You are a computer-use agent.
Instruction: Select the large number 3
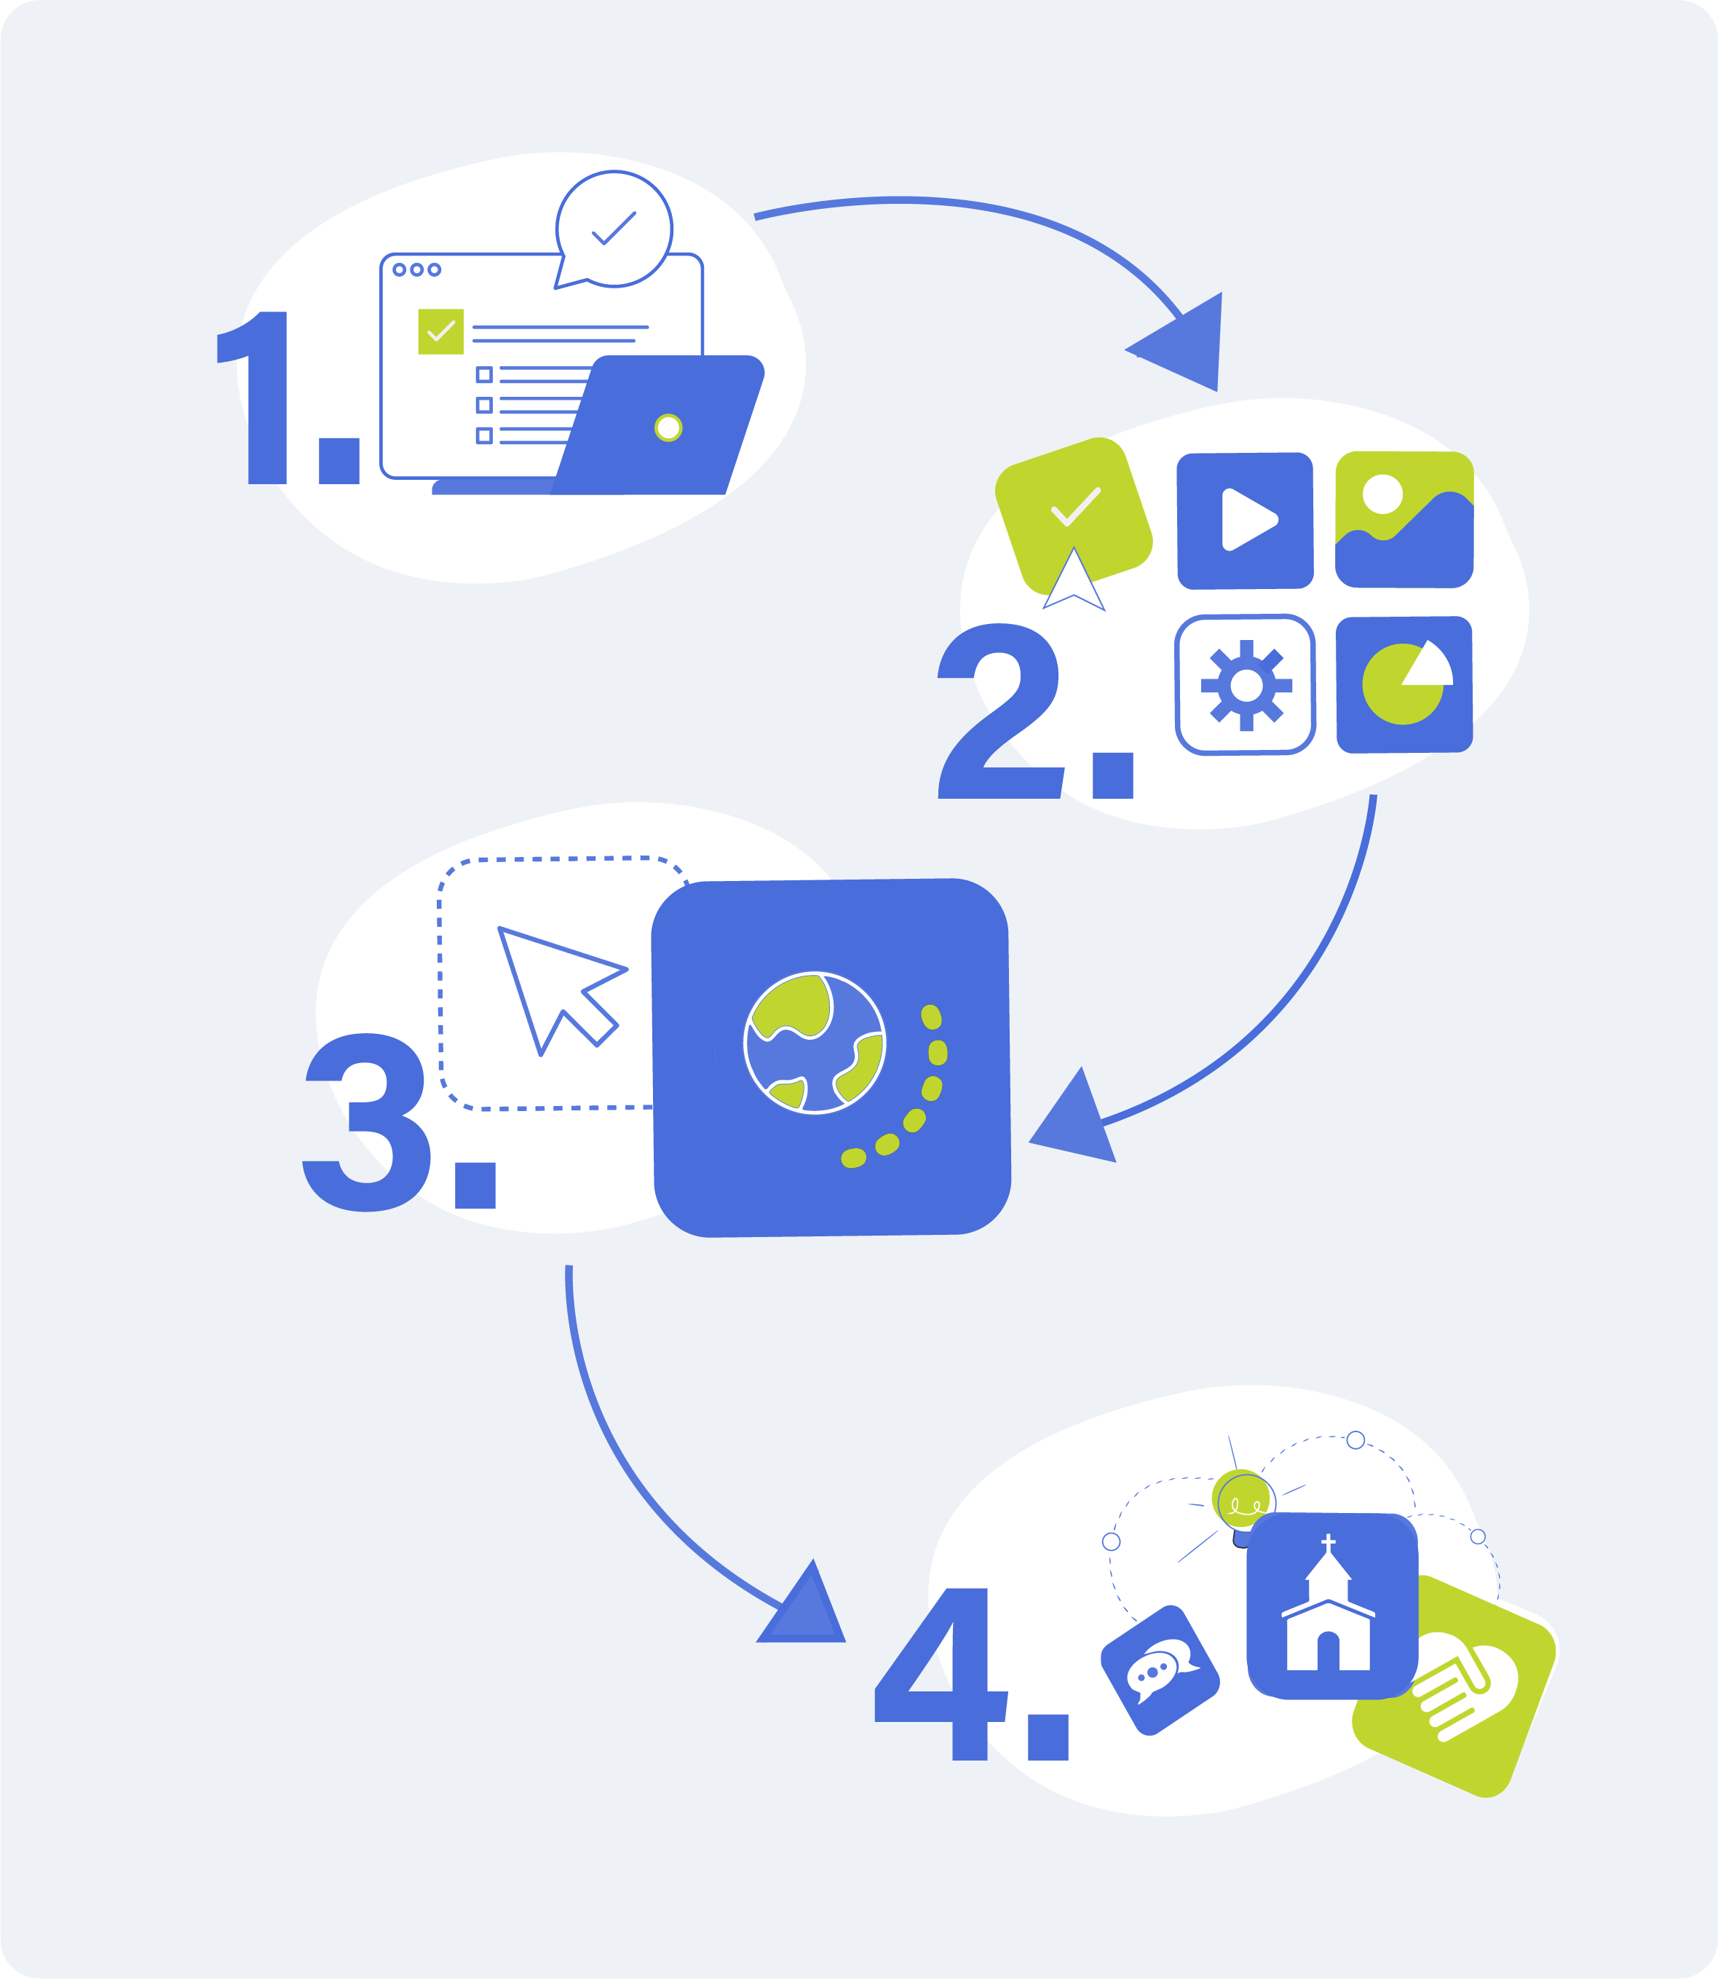366,1122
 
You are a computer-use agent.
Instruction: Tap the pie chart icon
1404,684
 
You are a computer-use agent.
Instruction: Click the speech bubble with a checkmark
614,229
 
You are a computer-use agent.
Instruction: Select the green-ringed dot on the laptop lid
668,427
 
